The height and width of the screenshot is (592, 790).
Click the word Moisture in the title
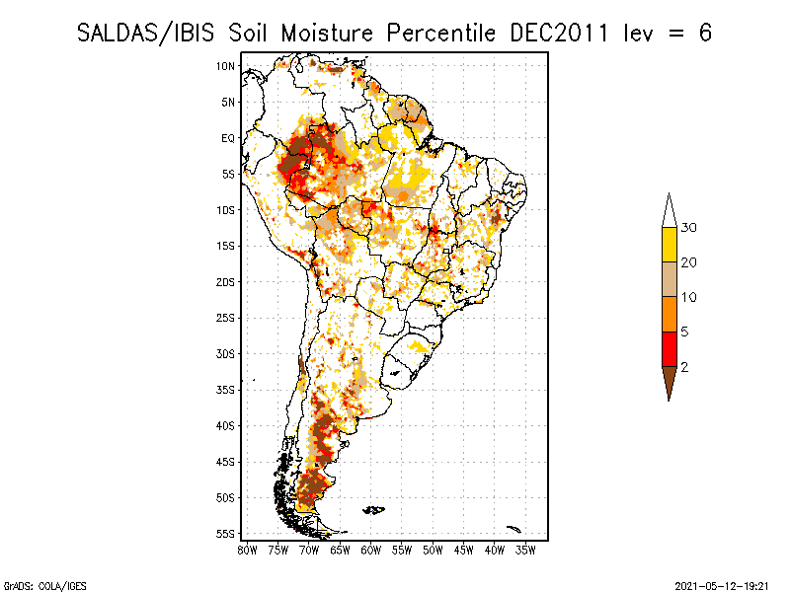(x=327, y=34)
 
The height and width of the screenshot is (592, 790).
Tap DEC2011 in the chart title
(x=559, y=34)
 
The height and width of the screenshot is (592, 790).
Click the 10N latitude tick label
(x=226, y=66)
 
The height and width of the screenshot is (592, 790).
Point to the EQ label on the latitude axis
(x=228, y=138)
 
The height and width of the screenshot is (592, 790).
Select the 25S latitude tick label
(x=226, y=318)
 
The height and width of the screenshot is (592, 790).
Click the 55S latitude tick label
(x=226, y=534)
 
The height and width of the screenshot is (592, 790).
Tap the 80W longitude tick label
(x=247, y=551)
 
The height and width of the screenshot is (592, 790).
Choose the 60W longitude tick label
(x=371, y=551)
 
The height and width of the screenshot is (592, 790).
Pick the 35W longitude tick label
(x=525, y=551)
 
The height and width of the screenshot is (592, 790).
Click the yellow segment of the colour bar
(x=670, y=245)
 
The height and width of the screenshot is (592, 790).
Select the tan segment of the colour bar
(x=670, y=279)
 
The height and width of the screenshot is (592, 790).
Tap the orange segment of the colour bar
(x=670, y=314)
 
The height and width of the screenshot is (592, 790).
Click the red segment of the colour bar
(x=670, y=349)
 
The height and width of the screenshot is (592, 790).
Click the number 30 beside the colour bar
(x=688, y=228)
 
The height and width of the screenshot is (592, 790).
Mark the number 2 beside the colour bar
(x=684, y=367)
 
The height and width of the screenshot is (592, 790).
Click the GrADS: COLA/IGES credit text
(x=45, y=586)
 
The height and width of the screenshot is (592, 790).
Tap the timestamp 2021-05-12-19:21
(x=722, y=586)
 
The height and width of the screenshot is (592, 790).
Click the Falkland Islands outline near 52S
(x=374, y=510)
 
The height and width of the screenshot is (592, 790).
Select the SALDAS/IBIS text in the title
(x=145, y=34)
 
